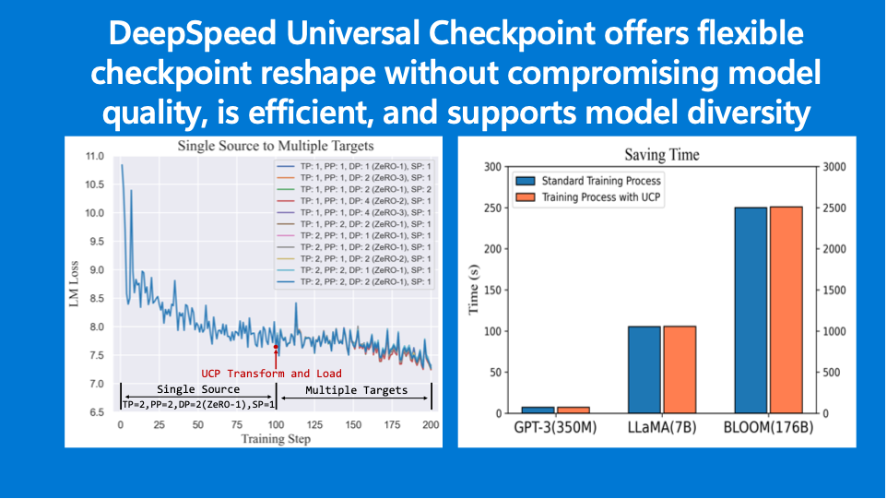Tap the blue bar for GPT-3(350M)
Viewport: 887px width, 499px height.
537,409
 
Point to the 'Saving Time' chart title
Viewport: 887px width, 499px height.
661,155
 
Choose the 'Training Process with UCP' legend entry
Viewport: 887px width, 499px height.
600,197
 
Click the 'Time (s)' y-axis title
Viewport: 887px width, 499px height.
473,290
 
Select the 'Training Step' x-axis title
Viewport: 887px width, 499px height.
276,439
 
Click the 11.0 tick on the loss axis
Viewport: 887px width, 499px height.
96,157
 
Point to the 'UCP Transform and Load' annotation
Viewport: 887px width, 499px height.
272,374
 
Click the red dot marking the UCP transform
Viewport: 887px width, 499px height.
277,348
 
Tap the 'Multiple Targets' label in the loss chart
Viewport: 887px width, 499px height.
356,390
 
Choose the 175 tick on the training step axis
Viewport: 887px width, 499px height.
392,426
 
